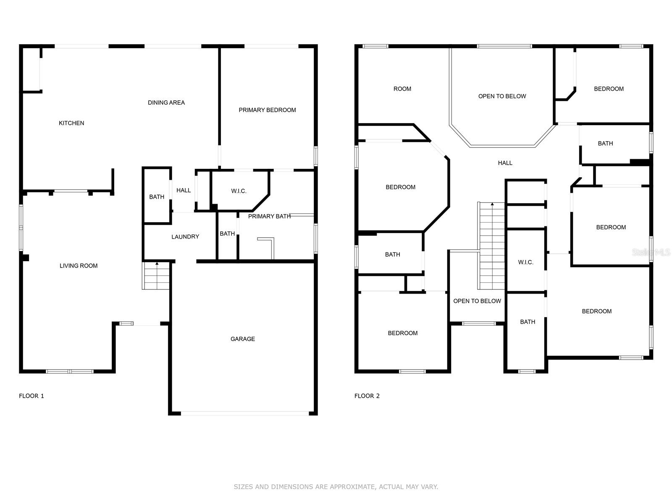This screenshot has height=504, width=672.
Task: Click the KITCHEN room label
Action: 71,123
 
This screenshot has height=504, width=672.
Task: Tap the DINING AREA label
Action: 166,102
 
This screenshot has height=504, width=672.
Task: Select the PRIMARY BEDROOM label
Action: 267,110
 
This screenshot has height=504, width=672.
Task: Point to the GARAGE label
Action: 242,339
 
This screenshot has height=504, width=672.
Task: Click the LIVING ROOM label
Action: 79,265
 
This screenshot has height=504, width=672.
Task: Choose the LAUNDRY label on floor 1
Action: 185,236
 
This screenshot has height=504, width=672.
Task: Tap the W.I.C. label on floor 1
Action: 239,191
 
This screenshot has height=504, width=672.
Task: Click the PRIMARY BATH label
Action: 269,216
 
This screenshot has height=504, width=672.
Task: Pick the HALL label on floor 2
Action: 505,163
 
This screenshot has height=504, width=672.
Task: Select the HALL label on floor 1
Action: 184,190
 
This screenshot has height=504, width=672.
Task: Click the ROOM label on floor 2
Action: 402,89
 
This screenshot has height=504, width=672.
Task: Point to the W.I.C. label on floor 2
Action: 526,262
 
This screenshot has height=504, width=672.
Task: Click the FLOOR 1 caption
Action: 31,396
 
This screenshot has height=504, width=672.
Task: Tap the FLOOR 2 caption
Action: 367,396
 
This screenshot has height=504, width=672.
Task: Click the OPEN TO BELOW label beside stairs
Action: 477,301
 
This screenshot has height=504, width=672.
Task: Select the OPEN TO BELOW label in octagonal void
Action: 502,96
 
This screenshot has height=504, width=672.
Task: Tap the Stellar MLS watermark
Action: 651,252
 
